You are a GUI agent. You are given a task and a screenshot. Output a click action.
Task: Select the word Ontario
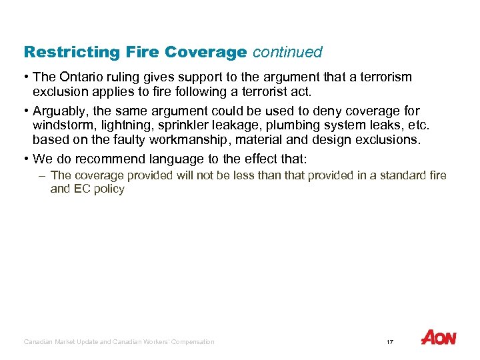tap(81, 78)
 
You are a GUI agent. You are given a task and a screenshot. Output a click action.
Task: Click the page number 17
tap(390, 342)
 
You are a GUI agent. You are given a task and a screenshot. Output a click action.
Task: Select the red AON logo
tap(439, 338)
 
